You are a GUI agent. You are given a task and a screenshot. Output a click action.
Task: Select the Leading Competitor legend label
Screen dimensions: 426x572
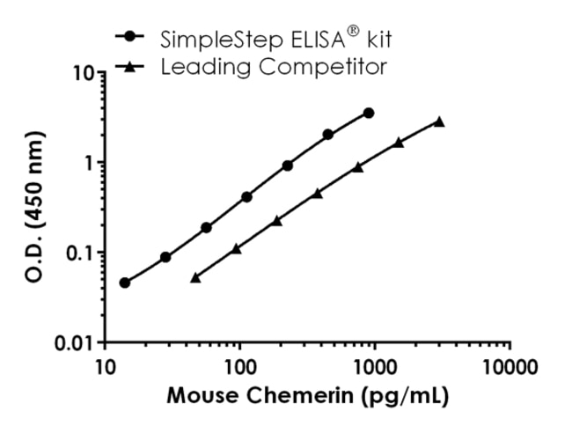(274, 66)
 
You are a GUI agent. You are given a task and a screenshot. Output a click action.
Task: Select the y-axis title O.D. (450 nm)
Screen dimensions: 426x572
(34, 207)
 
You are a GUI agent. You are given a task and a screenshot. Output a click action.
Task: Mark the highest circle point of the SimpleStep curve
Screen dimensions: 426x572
(369, 113)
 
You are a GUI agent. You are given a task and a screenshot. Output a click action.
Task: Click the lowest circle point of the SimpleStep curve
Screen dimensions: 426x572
(125, 283)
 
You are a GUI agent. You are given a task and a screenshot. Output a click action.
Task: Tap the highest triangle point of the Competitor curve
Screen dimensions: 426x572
(439, 121)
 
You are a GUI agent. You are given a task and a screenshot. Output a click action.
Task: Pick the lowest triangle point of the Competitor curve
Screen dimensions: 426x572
(195, 277)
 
